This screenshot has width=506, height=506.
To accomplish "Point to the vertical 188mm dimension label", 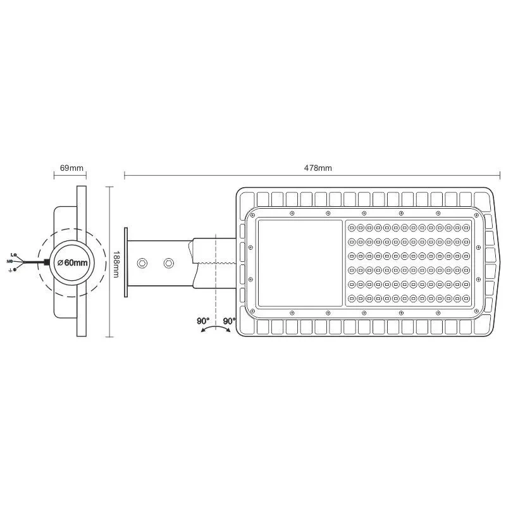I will click(x=116, y=262).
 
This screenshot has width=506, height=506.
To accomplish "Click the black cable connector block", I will click(x=46, y=262).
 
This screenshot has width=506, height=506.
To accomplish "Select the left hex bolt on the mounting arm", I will click(x=143, y=262).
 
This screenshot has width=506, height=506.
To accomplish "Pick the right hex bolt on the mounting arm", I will click(x=168, y=262).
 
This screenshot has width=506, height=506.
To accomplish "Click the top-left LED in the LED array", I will click(x=352, y=226).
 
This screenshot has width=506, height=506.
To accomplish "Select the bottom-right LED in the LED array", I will click(x=466, y=298).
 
